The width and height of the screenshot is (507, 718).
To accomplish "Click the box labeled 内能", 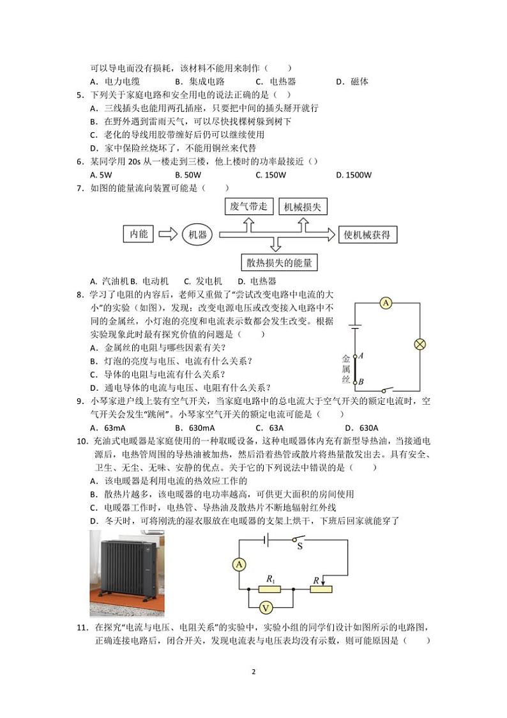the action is [139, 235].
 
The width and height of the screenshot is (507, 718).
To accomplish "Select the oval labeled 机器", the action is [197, 235].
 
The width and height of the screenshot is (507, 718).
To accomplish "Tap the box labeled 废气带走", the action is [248, 207].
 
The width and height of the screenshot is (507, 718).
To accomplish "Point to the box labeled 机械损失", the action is [301, 207].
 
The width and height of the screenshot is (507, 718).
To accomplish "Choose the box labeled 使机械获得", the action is [367, 235].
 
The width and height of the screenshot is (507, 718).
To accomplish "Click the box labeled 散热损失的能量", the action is [279, 262].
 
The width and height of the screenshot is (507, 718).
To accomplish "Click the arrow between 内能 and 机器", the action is [167, 235].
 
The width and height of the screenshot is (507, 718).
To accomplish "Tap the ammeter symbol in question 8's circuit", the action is [386, 304].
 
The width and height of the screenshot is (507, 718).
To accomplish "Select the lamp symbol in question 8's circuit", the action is [420, 344].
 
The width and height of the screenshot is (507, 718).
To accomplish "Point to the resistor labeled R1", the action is [270, 588].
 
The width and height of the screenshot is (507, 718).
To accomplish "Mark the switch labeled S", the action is [299, 542].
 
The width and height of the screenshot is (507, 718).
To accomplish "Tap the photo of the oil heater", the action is [126, 573].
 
